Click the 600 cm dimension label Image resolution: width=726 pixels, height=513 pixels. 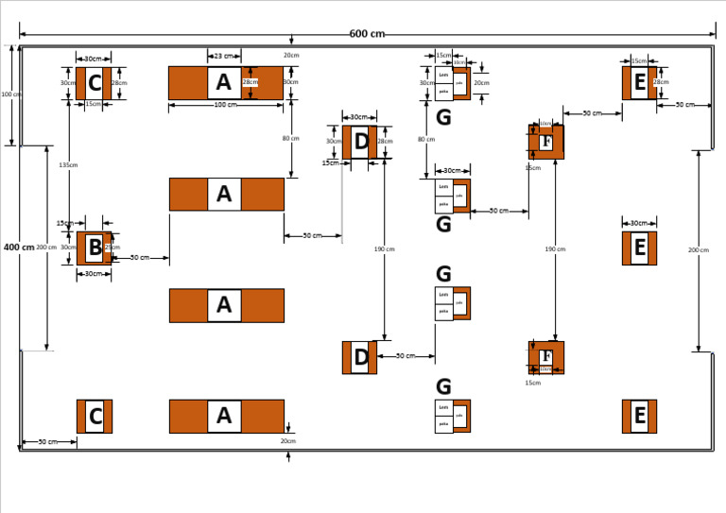click(367, 34)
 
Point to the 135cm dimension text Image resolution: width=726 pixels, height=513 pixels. click(68, 164)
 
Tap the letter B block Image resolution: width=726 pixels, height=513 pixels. click(95, 248)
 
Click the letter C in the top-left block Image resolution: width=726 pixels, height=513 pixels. click(94, 83)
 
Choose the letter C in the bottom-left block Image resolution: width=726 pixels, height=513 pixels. click(95, 417)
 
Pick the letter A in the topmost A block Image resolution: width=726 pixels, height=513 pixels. click(223, 83)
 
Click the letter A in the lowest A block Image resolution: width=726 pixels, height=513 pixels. click(223, 417)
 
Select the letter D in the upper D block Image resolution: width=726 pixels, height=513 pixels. click(360, 143)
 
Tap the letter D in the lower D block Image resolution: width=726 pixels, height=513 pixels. click(360, 358)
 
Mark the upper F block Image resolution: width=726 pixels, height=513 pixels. click(546, 143)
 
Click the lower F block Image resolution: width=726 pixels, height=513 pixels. click(546, 357)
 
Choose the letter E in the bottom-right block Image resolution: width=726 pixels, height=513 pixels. click(639, 417)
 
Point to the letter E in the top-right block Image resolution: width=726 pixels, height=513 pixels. click(639, 83)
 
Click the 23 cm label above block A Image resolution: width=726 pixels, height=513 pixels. click(223, 57)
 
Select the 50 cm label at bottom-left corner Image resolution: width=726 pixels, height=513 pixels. click(47, 442)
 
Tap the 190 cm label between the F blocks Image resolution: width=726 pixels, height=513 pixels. click(555, 249)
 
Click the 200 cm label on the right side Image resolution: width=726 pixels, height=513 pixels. click(699, 250)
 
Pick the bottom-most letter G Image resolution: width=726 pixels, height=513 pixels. click(443, 386)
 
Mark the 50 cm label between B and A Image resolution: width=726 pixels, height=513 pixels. click(139, 257)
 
